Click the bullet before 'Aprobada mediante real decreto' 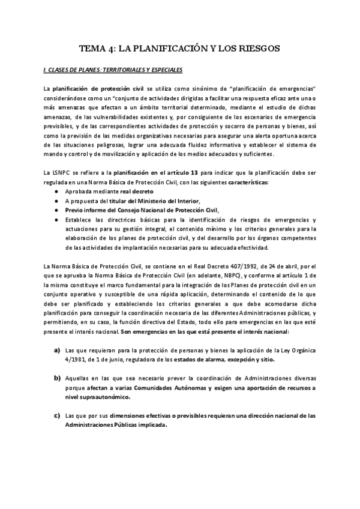(56, 191)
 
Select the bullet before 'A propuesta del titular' (56, 200)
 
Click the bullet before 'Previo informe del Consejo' (56, 210)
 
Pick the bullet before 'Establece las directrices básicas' (56, 220)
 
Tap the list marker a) (57, 350)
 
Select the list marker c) (57, 415)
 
